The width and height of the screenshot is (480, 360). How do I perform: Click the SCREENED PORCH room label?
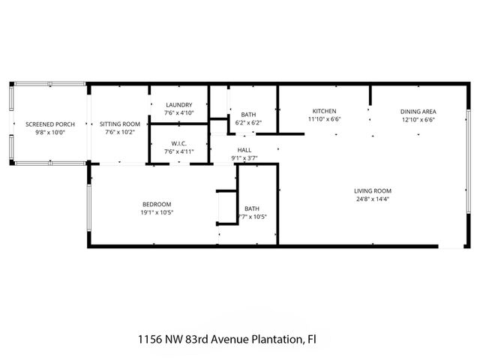click(x=50, y=124)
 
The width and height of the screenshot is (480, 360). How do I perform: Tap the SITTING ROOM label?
click(x=121, y=124)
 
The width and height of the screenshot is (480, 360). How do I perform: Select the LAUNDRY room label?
click(x=178, y=105)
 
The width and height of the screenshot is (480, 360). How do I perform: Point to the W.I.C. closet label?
click(x=178, y=142)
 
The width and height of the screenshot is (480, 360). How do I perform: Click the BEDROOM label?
click(x=157, y=205)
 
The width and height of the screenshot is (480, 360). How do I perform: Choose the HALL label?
click(x=244, y=150)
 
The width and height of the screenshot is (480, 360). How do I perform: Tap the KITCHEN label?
click(x=324, y=111)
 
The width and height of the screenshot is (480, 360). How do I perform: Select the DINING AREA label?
click(x=418, y=111)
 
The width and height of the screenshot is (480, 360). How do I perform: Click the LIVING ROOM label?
click(x=373, y=190)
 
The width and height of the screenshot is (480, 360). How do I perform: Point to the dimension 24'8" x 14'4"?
click(x=373, y=199)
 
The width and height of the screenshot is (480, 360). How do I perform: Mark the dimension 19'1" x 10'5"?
click(x=157, y=213)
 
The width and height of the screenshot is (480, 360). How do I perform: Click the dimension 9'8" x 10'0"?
click(x=50, y=132)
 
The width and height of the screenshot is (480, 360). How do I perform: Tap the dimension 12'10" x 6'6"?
click(x=418, y=119)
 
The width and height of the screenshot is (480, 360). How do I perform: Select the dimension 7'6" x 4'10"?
click(x=178, y=113)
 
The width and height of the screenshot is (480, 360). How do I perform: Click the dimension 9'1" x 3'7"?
click(x=244, y=157)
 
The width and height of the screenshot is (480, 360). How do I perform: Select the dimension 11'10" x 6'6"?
click(x=324, y=119)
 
